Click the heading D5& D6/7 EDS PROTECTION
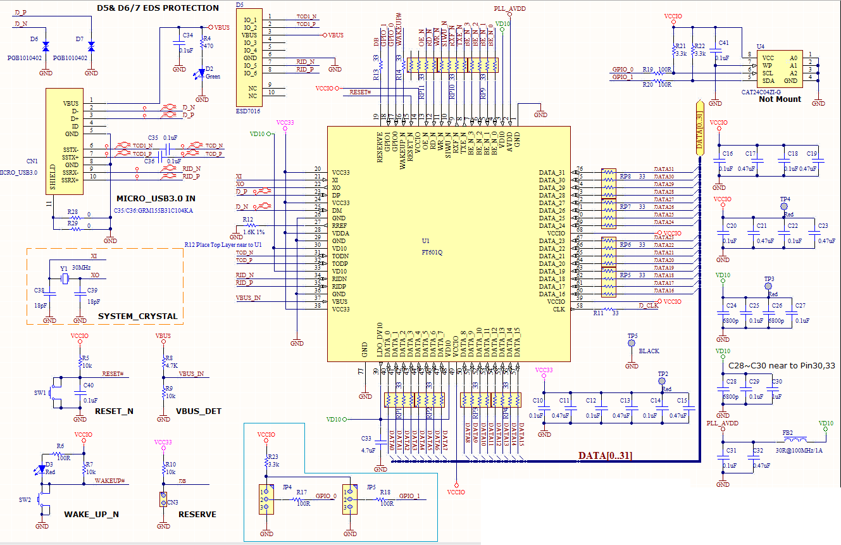158,8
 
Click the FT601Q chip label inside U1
433,252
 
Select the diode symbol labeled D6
46,46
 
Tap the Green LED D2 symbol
202,72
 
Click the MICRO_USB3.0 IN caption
156,199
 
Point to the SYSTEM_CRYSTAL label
138,316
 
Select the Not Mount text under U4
780,99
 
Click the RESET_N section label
114,411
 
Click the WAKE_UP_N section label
91,514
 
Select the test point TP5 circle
631,343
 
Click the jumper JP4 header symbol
265,499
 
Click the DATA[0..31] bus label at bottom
605,455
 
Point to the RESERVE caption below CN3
197,514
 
